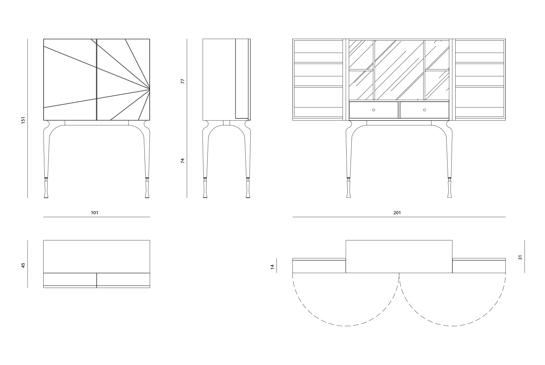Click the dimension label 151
coord(23,120)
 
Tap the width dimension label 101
coord(94,213)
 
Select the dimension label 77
coord(183,81)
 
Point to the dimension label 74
coord(183,161)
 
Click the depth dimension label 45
coord(23,265)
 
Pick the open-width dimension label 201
coord(397,213)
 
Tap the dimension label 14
coord(272,267)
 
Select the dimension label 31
coord(520,257)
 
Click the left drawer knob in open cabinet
coord(374,110)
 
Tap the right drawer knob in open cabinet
coord(425,110)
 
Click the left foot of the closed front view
coord(46,189)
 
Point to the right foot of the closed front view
coord(147,189)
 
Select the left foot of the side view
coord(205,189)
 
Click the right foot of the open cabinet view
coord(449,189)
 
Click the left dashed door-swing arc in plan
coord(346,300)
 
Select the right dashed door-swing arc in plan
coord(453,300)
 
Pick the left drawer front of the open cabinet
coord(374,110)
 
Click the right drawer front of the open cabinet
coord(425,110)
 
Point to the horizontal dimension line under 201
coord(399,217)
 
